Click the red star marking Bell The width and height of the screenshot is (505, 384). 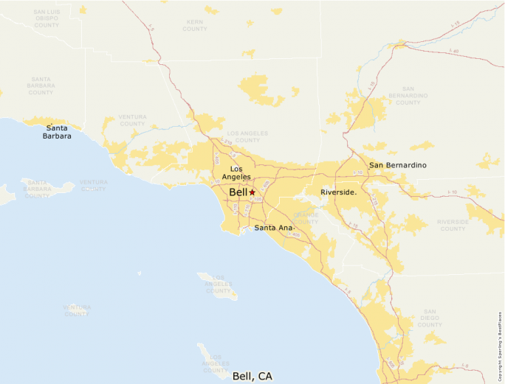pyautogui.click(x=252, y=192)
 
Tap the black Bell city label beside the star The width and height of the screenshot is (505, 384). pyautogui.click(x=238, y=192)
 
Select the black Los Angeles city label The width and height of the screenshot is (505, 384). pyautogui.click(x=236, y=173)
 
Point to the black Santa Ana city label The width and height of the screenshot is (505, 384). pyautogui.click(x=274, y=228)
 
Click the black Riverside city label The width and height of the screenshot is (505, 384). pyautogui.click(x=338, y=192)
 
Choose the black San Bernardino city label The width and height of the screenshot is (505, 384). pyautogui.click(x=397, y=165)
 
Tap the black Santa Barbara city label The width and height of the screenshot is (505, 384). pyautogui.click(x=56, y=132)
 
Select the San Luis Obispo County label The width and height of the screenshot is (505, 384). pyautogui.click(x=47, y=18)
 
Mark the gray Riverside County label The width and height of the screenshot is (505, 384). pyautogui.click(x=453, y=225)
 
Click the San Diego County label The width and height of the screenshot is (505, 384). pyautogui.click(x=429, y=319)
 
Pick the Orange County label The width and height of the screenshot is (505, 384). pyautogui.click(x=306, y=218)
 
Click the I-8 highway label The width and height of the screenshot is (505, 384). pyautogui.click(x=464, y=366)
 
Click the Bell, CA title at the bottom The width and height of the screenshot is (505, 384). pyautogui.click(x=252, y=376)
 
